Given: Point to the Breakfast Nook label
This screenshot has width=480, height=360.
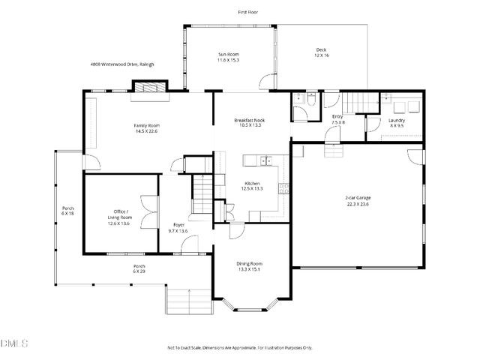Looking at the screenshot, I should [249, 122].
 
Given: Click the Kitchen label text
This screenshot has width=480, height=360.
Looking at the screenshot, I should [253, 186].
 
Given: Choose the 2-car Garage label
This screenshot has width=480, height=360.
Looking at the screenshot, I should [358, 200].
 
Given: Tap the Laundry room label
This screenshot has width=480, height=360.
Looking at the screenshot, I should [397, 122].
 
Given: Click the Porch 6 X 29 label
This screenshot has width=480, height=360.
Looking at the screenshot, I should [139, 268].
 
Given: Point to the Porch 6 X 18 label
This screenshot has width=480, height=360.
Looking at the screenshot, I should [67, 211].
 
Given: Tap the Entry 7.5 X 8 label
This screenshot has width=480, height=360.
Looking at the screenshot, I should [337, 119].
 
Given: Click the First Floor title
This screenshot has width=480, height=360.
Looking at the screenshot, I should [248, 13].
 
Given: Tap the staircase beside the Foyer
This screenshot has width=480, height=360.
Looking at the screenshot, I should [202, 193].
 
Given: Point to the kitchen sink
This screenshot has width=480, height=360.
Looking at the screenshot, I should [264, 160].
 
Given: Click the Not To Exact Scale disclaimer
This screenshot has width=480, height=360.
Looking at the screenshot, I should [239, 348].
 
